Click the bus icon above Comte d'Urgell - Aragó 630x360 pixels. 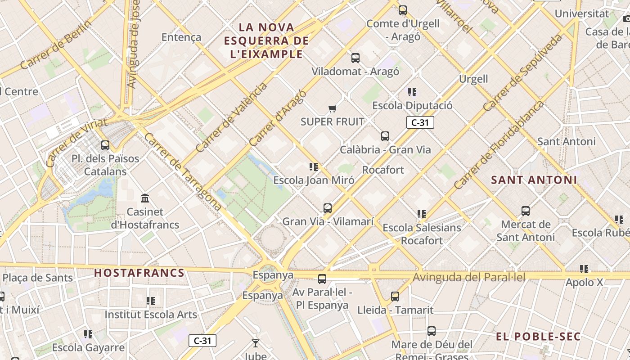coord(403,10)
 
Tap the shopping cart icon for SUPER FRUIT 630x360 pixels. coord(333,108)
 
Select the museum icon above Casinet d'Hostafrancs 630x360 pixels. coord(145,198)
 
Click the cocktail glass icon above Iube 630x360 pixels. coord(256,343)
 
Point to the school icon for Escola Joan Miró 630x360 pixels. coord(314,167)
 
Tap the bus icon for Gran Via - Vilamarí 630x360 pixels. coord(328,208)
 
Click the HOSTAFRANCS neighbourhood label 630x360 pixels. coord(139,273)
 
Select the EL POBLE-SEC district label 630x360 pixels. coord(538,337)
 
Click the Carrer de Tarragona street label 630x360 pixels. coord(183,172)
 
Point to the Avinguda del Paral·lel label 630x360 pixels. coord(469,277)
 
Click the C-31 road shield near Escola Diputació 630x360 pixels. coord(420,122)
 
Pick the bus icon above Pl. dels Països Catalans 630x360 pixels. coord(105,145)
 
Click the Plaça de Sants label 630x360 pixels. coord(38,277)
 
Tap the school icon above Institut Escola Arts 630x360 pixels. coord(151,301)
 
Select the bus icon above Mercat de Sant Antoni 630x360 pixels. coord(525,211)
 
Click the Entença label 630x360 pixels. coord(181,37)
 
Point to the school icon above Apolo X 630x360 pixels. coord(584,269)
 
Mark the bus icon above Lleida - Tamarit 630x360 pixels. coord(395,296)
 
